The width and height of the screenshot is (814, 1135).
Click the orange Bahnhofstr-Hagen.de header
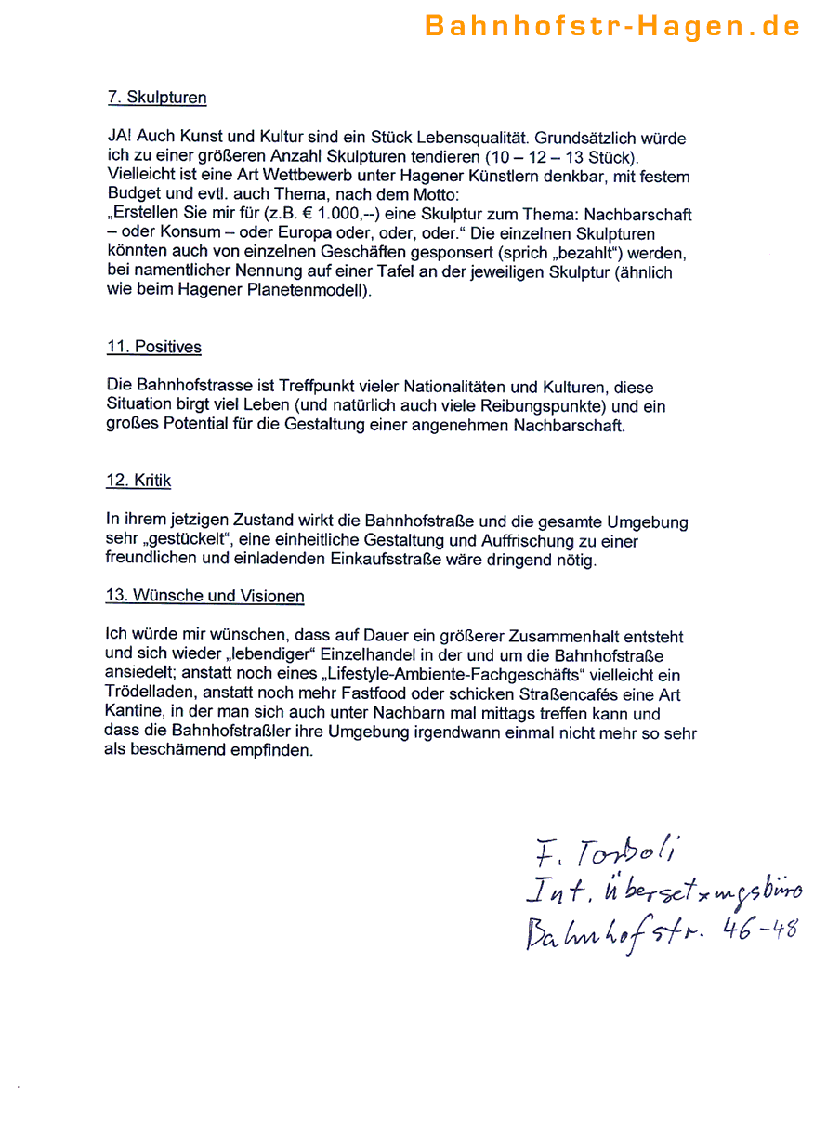coord(612,26)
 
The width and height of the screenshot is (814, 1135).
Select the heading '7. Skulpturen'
coord(156,98)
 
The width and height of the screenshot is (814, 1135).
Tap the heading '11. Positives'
coord(153,347)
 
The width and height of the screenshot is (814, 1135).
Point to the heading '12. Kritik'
coord(138,481)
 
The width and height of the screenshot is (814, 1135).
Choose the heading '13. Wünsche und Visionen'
coord(205,596)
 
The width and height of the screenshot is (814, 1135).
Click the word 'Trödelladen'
coord(149,694)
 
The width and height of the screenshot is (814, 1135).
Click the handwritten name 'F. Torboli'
coord(609,851)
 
